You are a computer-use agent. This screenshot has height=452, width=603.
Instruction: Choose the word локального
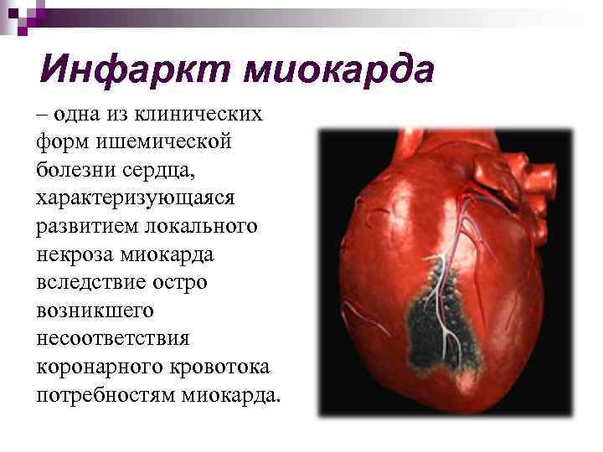(x=205, y=227)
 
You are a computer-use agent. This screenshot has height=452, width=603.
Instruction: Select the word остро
(x=183, y=283)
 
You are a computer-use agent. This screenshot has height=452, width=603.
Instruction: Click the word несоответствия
(x=113, y=339)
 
